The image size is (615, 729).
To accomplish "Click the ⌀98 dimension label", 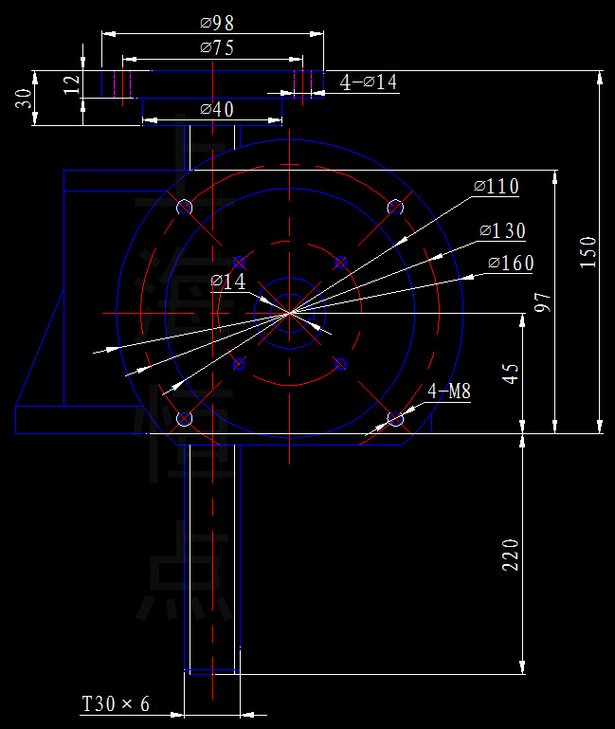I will tap(218, 22).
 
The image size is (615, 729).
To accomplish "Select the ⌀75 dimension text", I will tap(217, 47).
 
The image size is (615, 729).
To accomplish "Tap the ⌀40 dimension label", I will tap(217, 109).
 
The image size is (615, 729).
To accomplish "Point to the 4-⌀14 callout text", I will tap(369, 82).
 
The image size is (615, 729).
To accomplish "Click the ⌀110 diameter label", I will tap(497, 187).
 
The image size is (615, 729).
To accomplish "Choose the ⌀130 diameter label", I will tap(502, 230).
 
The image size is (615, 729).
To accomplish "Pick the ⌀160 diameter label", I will tap(511, 263).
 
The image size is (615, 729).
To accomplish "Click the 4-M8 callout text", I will tap(449, 391).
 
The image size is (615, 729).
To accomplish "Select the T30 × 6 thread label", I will tap(116, 704).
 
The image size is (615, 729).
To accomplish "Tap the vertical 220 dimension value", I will tap(511, 555).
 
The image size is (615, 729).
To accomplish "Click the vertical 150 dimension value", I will tap(588, 253).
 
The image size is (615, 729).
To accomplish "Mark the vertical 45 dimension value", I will tap(511, 373).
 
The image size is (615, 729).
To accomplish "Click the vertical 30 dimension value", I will tap(24, 99).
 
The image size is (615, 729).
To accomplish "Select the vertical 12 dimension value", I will tap(72, 84).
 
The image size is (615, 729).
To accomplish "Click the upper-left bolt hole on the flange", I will tap(185, 207).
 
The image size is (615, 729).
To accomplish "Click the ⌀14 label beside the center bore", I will tap(227, 282).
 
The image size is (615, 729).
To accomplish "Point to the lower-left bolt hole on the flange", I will tap(185, 418).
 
